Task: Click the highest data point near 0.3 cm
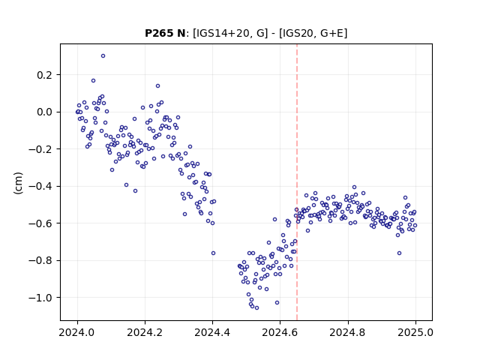coord(103,55)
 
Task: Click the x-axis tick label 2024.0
coord(77,332)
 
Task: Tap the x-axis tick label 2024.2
coord(145,332)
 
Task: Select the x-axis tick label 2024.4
coord(212,332)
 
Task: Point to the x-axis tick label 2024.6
coord(280,332)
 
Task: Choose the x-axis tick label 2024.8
coord(348,332)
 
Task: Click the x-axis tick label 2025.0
coord(415,332)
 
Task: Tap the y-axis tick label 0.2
coord(45,75)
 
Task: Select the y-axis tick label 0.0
coord(45,112)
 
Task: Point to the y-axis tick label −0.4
coord(40,186)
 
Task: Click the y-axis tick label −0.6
coord(40,223)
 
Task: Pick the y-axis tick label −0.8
coord(40,260)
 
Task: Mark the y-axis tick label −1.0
coord(40,298)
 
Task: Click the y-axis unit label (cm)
coord(18,183)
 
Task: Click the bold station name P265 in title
coord(159,33)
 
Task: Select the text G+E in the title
coord(332,33)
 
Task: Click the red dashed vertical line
coord(297,182)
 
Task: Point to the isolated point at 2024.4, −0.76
coord(213,253)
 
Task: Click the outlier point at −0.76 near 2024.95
coord(399,253)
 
